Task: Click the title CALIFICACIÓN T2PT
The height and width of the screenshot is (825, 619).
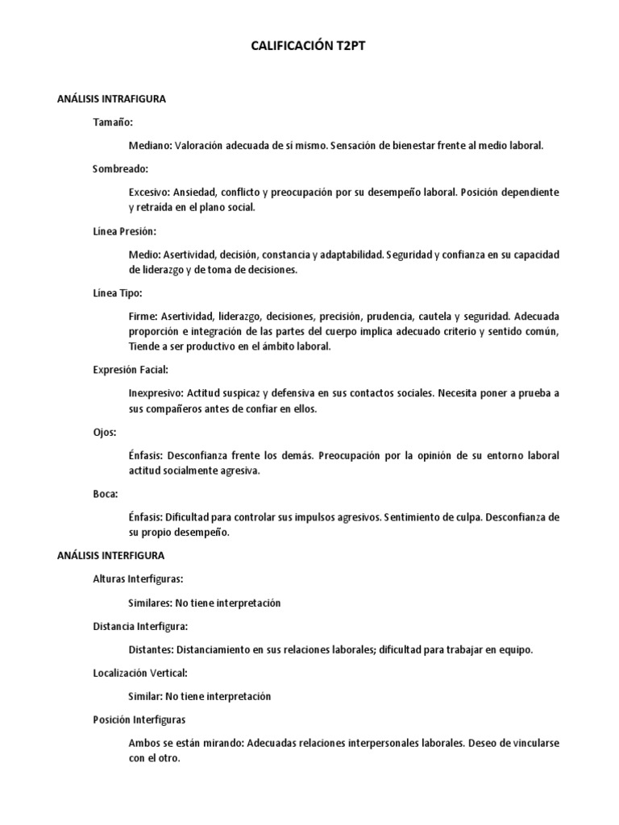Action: point(309,48)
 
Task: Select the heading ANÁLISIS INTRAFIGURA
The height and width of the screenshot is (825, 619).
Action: point(111,99)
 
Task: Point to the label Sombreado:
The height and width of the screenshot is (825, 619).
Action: point(120,168)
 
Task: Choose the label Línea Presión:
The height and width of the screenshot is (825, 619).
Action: point(123,230)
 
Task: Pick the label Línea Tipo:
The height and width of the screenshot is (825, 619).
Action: point(118,292)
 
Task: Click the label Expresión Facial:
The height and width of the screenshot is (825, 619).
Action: point(130,370)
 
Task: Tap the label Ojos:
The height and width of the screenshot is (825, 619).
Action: point(106,432)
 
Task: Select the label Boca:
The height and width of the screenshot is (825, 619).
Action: point(106,494)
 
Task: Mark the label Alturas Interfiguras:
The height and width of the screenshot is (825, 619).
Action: point(138,578)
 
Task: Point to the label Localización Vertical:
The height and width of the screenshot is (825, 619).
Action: point(140,673)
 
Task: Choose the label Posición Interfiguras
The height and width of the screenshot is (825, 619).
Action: point(139,719)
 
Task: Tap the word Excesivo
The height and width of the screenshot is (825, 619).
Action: point(149,193)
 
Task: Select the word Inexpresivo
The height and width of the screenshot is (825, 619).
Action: point(156,393)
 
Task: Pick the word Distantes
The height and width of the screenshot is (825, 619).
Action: point(151,649)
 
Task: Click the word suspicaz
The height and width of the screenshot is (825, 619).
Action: point(247,393)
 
